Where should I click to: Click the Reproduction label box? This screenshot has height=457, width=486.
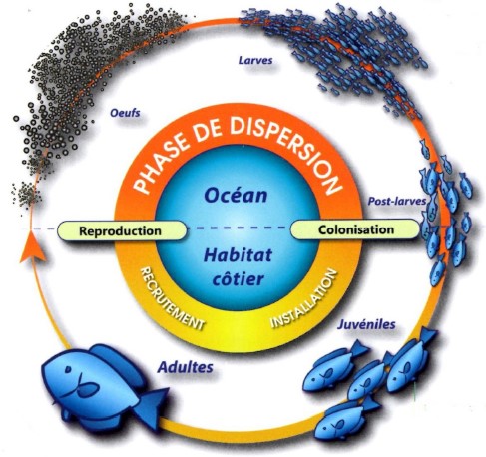coord(122,230)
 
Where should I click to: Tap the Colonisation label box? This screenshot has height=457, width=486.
coord(355,229)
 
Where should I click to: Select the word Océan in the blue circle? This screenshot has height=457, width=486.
coord(236,195)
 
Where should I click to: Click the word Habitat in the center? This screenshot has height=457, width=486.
coord(238,255)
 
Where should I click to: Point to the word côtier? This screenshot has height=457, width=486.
coord(238,278)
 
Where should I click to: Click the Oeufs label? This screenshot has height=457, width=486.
coord(125,113)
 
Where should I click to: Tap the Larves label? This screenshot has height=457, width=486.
coord(255,60)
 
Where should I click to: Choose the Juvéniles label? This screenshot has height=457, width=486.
coord(366,324)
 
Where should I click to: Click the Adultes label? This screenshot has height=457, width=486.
coord(186,367)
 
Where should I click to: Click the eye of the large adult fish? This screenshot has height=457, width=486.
coord(69,369)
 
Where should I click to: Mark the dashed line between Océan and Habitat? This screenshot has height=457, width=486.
coord(238,228)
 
